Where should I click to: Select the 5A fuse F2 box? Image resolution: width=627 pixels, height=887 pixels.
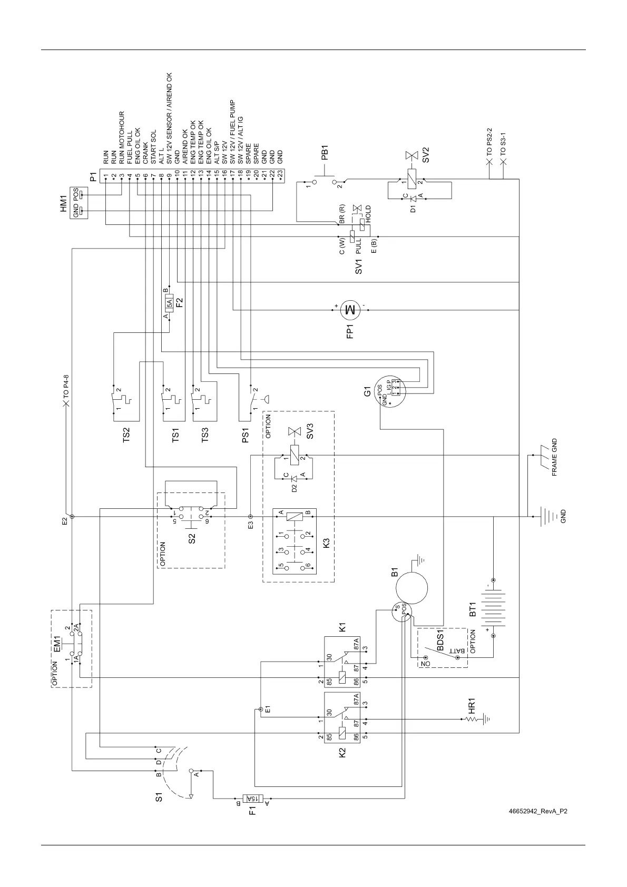tap(169, 303)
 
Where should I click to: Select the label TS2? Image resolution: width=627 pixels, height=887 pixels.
tap(126, 435)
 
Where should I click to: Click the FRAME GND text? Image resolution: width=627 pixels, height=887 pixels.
tap(554, 458)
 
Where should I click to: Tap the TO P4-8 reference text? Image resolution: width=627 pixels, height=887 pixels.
tap(66, 385)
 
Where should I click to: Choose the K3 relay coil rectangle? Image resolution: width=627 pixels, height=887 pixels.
tap(295, 516)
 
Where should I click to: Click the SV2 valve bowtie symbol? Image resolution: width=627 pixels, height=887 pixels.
tap(409, 156)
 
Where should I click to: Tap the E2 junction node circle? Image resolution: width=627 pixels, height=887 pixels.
tap(72, 517)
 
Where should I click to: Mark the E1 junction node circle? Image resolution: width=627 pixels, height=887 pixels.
tap(261, 709)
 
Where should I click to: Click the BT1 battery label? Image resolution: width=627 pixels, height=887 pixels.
tap(473, 609)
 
